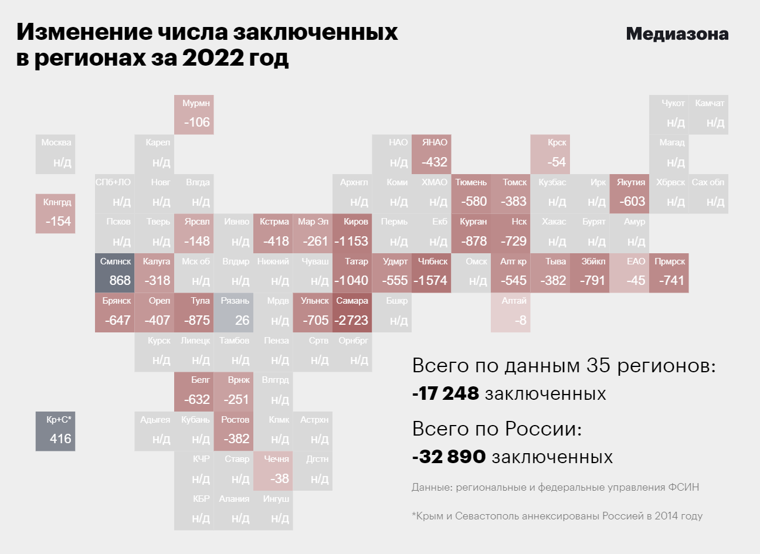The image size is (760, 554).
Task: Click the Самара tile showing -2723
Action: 352,312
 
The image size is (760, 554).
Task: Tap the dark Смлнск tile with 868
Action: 115,273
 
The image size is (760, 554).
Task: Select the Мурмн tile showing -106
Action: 194,114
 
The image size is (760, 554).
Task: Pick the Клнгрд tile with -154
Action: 56,213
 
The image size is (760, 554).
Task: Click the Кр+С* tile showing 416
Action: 56,431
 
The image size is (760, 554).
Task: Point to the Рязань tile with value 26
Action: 233,312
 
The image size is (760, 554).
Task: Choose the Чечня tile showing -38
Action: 273,471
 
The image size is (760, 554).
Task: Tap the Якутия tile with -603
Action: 629,193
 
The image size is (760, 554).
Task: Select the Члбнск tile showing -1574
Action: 431,273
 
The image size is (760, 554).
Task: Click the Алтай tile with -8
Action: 510,312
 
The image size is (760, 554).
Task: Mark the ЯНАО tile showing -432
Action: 431,154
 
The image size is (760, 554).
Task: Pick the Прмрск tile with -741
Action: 669,273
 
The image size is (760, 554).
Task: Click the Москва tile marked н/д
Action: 56,154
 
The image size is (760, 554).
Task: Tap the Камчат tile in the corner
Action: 708,114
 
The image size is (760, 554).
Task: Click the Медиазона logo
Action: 677,34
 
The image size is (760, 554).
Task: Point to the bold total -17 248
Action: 446,393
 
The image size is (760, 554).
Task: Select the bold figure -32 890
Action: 449,457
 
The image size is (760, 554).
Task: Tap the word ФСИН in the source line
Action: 683,487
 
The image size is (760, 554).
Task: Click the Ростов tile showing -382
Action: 233,431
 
